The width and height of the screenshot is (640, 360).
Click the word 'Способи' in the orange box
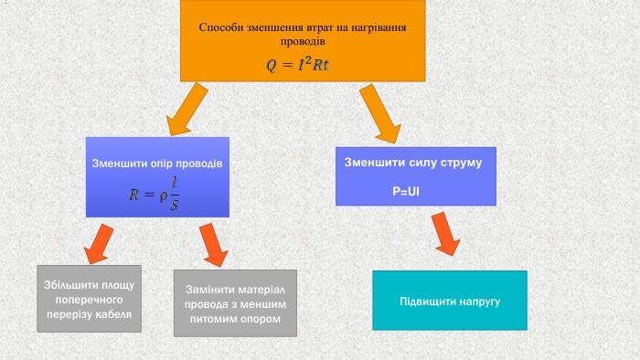[x=221, y=27]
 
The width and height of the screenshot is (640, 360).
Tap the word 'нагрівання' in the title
[x=376, y=27]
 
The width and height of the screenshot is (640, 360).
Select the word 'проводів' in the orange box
[x=302, y=42]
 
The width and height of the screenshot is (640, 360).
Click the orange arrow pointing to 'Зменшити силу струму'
[x=380, y=112]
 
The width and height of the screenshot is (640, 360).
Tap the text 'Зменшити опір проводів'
[x=157, y=164]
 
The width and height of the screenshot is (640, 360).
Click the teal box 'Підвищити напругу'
[x=450, y=301]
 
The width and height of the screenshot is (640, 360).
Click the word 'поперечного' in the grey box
[x=89, y=300]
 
